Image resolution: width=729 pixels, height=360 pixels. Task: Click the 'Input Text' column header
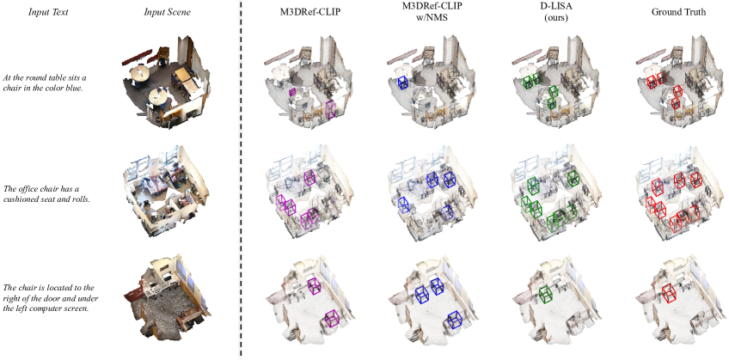[48, 13]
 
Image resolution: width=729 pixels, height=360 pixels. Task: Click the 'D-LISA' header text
[537, 13]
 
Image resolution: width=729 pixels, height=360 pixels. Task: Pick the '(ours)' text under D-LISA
[537, 21]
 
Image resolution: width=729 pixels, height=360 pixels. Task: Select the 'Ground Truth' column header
[678, 13]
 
